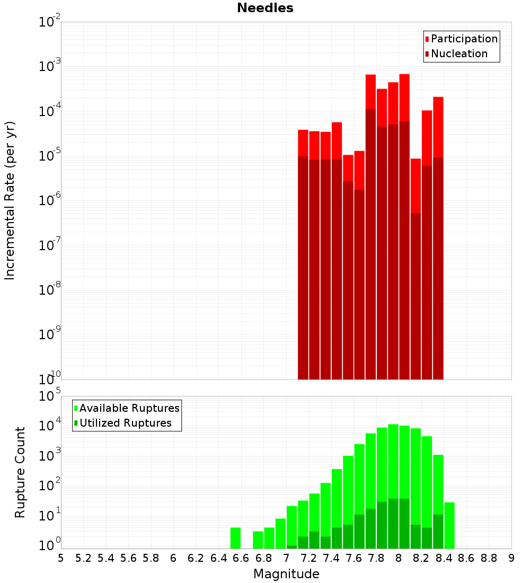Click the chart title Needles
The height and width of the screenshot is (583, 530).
265,8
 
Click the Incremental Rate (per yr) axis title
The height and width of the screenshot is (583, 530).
10,200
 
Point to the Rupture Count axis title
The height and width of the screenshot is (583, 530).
20,472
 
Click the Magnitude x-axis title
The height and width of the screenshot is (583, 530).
286,574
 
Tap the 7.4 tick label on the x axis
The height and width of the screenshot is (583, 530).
331,558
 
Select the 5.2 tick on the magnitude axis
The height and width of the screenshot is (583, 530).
84,558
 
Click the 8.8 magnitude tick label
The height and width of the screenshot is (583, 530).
489,558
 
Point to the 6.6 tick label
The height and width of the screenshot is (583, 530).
241,558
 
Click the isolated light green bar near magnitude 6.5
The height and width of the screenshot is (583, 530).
236,538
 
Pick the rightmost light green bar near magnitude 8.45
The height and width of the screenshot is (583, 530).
449,525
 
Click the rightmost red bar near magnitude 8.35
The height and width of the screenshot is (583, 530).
438,127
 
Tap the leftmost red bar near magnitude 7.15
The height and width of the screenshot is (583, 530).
303,143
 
